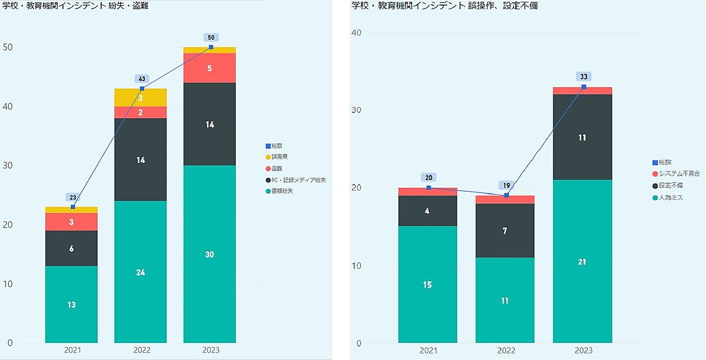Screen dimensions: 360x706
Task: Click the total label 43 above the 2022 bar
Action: click(142, 79)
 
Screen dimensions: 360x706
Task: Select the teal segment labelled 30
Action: click(209, 254)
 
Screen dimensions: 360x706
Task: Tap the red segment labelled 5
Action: click(209, 68)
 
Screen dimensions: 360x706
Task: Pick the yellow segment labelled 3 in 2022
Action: click(141, 98)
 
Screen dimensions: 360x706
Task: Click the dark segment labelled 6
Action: click(71, 249)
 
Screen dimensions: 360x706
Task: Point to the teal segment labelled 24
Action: click(141, 272)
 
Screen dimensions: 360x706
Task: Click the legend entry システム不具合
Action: click(679, 174)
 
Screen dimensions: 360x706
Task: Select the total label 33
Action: click(584, 76)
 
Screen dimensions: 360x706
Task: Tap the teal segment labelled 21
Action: click(582, 262)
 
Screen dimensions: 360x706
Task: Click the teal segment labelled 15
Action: click(428, 285)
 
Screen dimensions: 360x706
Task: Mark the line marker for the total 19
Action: click(506, 195)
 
